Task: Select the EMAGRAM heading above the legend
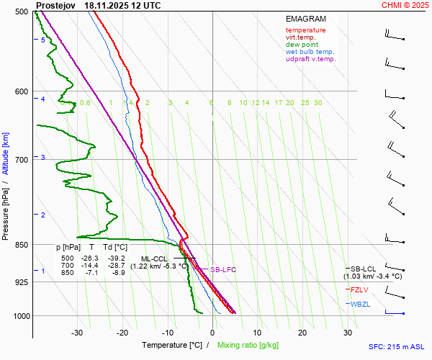305,19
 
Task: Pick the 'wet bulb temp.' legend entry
310,52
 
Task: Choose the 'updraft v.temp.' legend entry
310,59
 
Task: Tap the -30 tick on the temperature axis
77,333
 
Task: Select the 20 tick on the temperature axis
302,333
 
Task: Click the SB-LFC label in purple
222,269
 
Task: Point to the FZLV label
359,290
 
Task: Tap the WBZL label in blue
360,305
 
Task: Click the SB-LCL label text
364,269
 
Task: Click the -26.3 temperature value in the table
90,258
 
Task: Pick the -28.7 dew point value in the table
116,266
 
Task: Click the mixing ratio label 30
318,103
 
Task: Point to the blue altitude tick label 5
42,40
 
